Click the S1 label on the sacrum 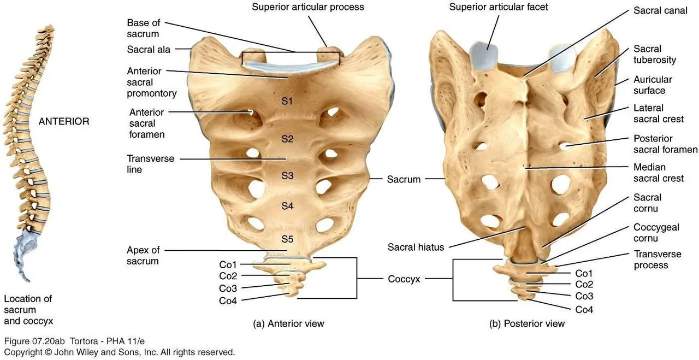click(x=288, y=102)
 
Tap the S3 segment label click(x=288, y=175)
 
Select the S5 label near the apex click(x=288, y=239)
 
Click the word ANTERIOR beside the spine click(x=64, y=122)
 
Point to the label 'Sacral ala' click(x=149, y=50)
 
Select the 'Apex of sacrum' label click(x=143, y=256)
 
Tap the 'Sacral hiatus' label click(x=416, y=247)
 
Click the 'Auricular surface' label click(x=653, y=85)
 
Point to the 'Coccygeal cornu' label click(x=656, y=233)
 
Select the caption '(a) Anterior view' click(x=289, y=323)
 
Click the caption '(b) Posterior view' click(x=527, y=323)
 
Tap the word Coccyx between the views click(x=404, y=279)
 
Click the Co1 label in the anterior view click(x=228, y=264)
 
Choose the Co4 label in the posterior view click(x=584, y=310)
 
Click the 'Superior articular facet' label click(x=499, y=7)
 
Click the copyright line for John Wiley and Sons click(x=120, y=352)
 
